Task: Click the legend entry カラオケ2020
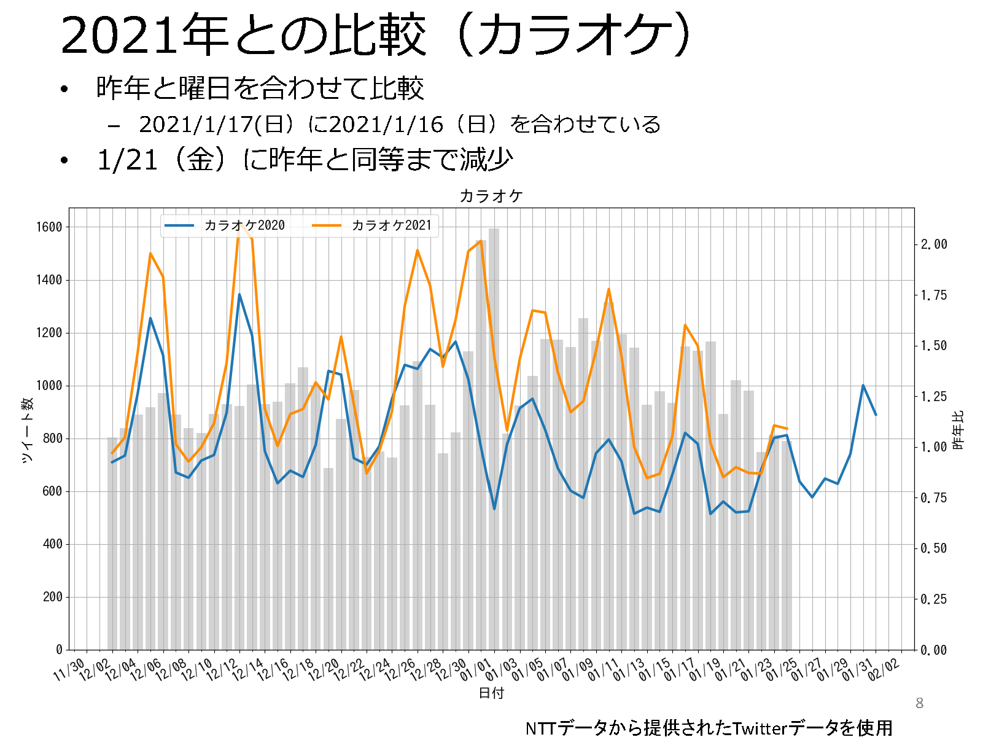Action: tap(244, 225)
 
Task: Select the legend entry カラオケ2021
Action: tap(391, 225)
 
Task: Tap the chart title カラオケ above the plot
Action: tap(491, 196)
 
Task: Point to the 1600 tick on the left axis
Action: tap(49, 227)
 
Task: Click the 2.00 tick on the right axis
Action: tap(934, 244)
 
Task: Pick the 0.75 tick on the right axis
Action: tap(934, 498)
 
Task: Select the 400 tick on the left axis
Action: tap(52, 544)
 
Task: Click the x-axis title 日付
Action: tap(491, 693)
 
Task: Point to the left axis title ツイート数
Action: tap(27, 430)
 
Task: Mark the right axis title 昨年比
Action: tap(958, 430)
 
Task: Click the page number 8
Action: tap(919, 703)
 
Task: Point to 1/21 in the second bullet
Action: tap(128, 160)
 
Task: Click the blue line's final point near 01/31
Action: tap(876, 415)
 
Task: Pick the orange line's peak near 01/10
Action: tap(608, 289)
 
